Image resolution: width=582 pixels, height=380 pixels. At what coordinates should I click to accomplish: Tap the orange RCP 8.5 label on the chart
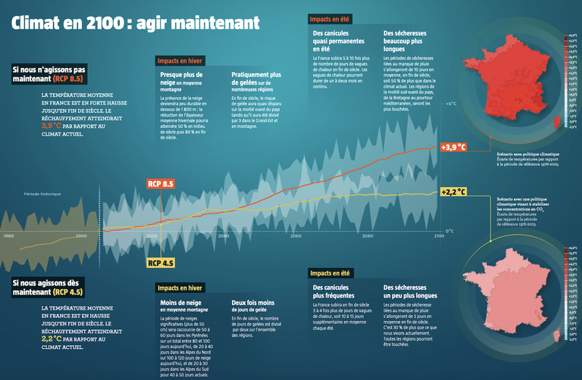161,184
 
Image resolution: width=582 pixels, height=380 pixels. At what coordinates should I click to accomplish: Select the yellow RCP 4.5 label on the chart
161,263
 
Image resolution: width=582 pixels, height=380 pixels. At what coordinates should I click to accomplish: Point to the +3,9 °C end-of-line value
452,146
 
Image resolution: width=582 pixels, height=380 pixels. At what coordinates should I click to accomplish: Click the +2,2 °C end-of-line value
452,192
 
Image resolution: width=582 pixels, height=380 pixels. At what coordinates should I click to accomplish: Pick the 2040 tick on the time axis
224,236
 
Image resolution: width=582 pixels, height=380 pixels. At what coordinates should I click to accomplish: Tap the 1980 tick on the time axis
9,236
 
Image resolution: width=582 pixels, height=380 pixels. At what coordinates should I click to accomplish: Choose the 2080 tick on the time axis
368,236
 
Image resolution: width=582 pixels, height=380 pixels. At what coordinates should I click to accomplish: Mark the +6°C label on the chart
450,104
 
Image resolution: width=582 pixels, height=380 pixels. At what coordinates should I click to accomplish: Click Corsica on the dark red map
559,121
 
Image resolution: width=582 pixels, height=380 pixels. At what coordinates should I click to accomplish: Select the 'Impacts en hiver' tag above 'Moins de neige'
180,288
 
